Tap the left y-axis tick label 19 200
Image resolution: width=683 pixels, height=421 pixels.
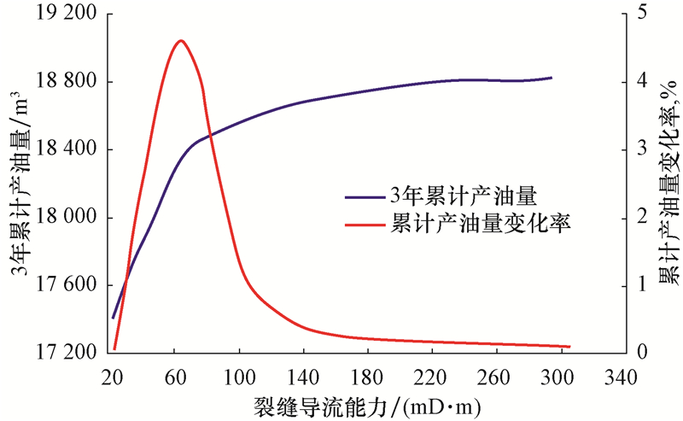(x=65, y=15)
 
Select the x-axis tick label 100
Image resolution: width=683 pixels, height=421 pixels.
(x=239, y=377)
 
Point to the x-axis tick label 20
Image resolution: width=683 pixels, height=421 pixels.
(x=111, y=377)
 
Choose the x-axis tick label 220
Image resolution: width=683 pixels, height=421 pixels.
(x=432, y=377)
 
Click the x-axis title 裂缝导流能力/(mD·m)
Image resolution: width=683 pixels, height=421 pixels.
(x=367, y=402)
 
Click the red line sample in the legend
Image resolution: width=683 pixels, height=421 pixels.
(x=365, y=225)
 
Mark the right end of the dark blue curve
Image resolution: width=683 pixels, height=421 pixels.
(x=552, y=78)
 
